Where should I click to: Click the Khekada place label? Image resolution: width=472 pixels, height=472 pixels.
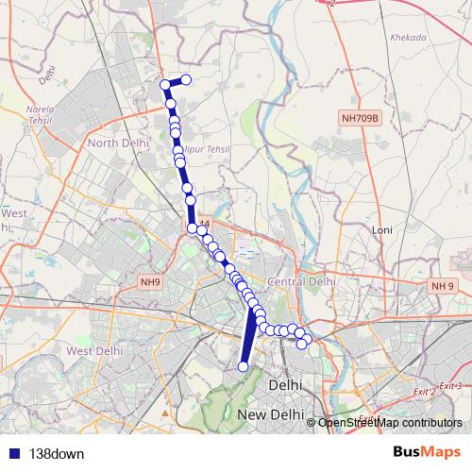[409, 37]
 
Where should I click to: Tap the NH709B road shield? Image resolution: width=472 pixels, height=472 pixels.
[360, 118]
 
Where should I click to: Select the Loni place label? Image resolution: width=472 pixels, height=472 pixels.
[382, 229]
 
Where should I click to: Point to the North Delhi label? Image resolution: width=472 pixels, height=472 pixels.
[115, 143]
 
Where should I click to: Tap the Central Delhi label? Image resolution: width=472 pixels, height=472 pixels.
[302, 281]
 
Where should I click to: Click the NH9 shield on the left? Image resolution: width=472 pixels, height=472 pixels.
[151, 281]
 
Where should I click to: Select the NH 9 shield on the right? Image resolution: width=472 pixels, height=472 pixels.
[443, 285]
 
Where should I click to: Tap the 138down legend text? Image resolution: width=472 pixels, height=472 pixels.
[57, 453]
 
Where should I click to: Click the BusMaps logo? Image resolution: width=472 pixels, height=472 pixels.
[426, 452]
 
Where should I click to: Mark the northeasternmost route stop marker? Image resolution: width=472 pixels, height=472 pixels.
[186, 80]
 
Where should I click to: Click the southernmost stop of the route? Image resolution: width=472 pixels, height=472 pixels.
[244, 366]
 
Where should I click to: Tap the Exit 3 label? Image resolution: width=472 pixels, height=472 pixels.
[450, 386]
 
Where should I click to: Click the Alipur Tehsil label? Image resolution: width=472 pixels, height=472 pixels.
[209, 150]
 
